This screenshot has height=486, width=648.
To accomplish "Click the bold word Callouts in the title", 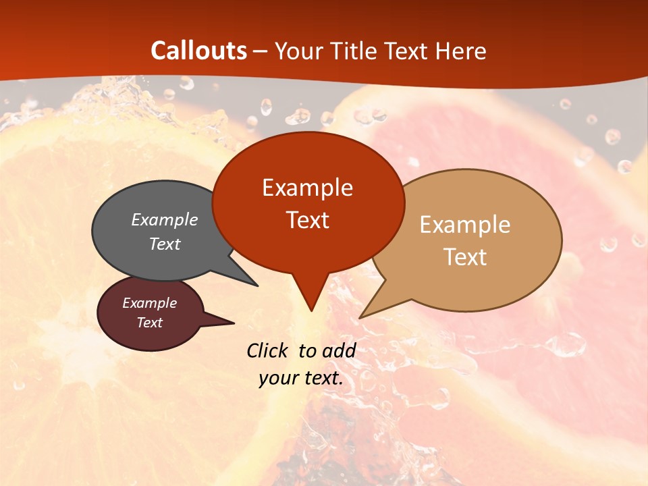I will click(x=198, y=51).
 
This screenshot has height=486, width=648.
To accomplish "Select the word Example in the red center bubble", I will click(x=307, y=188).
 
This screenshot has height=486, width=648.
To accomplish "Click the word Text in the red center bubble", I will click(x=307, y=220).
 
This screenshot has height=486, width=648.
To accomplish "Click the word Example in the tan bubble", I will click(x=465, y=225).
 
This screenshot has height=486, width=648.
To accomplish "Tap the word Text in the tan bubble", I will click(x=465, y=257).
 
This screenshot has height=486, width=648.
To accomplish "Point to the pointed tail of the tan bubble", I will click(x=368, y=312).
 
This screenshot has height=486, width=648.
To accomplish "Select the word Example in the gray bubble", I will click(x=165, y=219).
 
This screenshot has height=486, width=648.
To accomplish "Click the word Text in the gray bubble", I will click(x=165, y=244).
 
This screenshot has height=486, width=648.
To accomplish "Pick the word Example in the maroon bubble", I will click(x=149, y=303).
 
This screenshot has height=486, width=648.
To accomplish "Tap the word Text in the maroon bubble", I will click(x=149, y=323).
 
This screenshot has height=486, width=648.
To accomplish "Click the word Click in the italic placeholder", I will click(x=268, y=350).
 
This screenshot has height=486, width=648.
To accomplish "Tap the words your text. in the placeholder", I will click(x=301, y=378).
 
